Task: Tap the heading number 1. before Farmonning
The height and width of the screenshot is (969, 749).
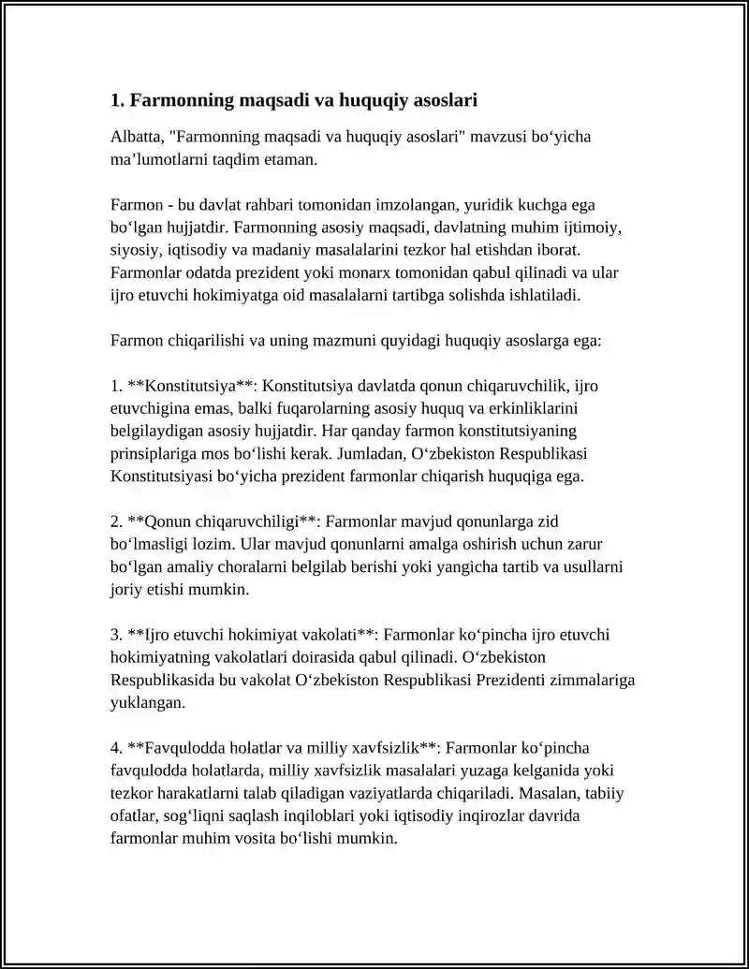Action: [117, 99]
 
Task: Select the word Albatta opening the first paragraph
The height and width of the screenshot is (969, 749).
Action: [138, 137]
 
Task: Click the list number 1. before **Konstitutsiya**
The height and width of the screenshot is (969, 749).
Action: [117, 386]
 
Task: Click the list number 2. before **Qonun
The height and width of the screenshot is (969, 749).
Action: [117, 521]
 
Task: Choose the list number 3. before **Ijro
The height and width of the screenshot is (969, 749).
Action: [117, 635]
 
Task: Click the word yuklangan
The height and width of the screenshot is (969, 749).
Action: [141, 702]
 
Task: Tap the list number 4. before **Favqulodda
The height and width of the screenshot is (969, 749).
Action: [117, 747]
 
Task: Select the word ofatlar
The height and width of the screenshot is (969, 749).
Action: [134, 815]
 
